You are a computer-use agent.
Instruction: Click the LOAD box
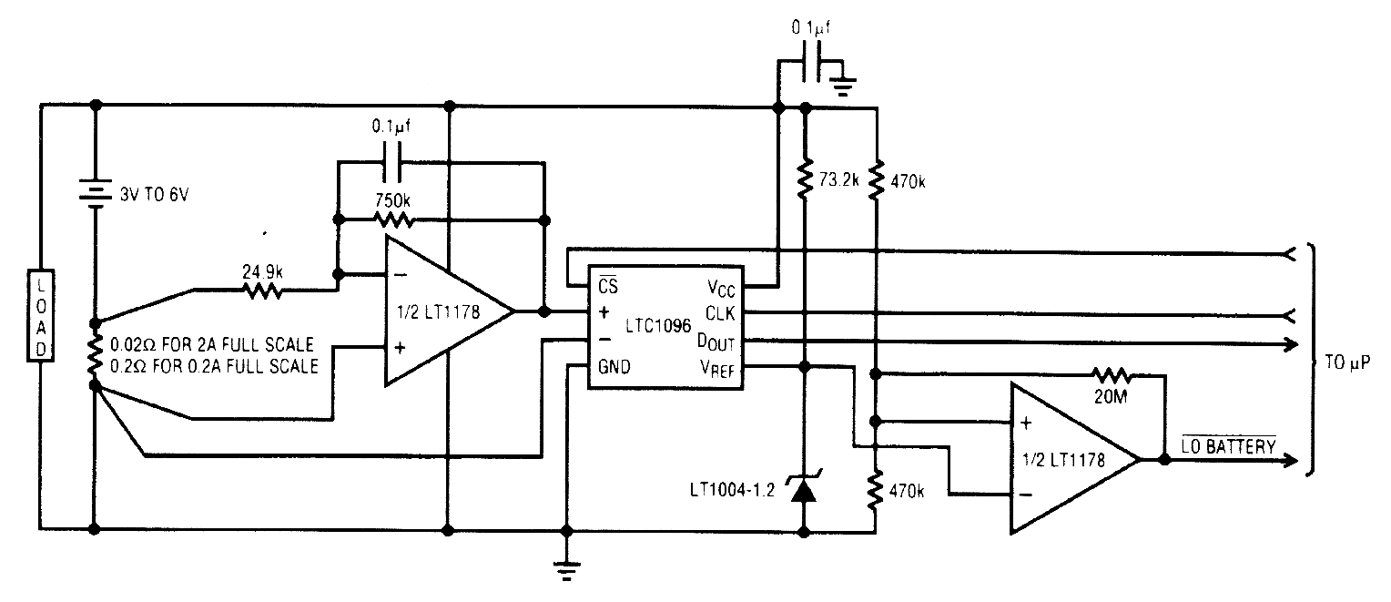(x=40, y=315)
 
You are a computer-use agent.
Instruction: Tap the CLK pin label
(x=722, y=314)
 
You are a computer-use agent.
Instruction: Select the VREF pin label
(x=717, y=367)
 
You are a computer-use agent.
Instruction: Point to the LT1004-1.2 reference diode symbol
(x=803, y=490)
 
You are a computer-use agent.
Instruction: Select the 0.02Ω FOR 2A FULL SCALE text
(x=211, y=346)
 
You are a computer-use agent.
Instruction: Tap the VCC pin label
(x=719, y=287)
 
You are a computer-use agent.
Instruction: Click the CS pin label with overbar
(x=607, y=286)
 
